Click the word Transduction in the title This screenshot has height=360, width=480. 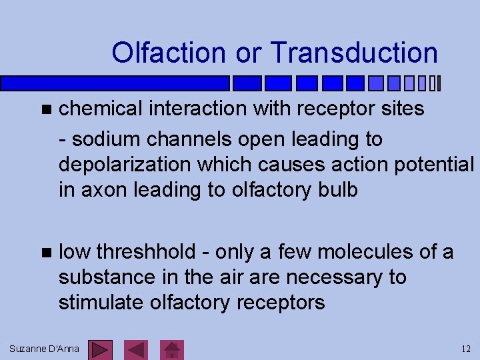coord(355,53)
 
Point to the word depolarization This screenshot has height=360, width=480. coord(126,165)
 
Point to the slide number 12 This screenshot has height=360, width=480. coord(466,349)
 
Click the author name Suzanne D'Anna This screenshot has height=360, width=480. coord(45,349)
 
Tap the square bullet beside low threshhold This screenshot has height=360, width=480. coord(45,253)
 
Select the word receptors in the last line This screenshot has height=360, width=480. coord(281,303)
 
